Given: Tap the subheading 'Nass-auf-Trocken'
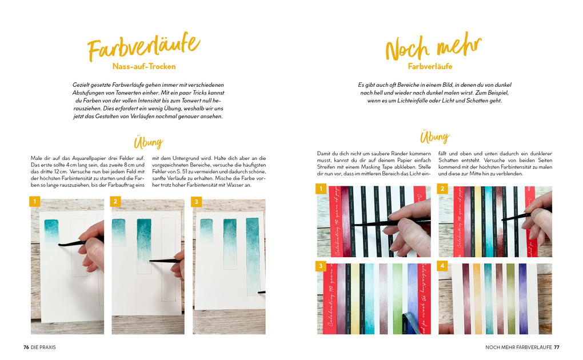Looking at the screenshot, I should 143,66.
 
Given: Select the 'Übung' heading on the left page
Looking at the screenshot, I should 148,142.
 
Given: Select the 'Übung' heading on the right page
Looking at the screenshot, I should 434,137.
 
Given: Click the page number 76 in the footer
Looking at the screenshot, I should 26,347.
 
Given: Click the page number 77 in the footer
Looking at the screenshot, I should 556,347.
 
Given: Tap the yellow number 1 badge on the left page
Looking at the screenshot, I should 35,202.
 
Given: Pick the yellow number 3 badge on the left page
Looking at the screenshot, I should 197,202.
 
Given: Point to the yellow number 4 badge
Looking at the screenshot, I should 442,266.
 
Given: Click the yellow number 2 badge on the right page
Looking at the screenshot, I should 442,188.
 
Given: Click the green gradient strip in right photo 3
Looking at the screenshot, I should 397,297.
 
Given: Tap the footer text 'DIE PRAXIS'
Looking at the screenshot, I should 43,347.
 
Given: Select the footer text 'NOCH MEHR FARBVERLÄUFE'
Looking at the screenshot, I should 518,347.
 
